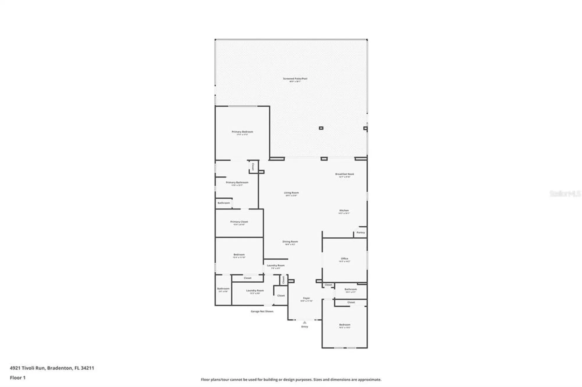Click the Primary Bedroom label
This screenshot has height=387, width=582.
pos(242,132)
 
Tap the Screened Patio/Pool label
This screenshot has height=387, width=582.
pos(295,79)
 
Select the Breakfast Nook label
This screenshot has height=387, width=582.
pos(345,174)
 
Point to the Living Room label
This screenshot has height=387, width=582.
pos(291,193)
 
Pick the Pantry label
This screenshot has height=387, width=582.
pos(361,233)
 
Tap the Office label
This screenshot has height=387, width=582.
pos(345,259)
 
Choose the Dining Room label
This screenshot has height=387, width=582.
pos(290,242)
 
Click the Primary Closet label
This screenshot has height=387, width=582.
pos(239,222)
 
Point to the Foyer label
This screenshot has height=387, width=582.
pos(306,298)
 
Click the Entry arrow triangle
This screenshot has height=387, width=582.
pos(305,322)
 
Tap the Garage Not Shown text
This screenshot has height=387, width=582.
pos(262,311)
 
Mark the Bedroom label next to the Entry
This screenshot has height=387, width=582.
pos(345,325)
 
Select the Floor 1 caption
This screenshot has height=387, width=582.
pos(17,378)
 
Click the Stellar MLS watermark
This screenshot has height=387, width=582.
pos(565,193)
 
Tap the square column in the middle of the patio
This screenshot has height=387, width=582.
pos(321,128)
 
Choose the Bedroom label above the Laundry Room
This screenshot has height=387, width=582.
pos(239,255)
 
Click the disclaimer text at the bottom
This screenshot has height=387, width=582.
pos(291,379)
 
